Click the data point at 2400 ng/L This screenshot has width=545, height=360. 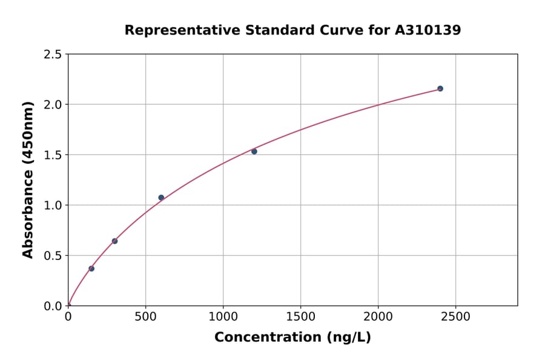point(440,88)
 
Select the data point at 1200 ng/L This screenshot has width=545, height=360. point(254,152)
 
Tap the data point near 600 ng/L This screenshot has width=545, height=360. point(161,198)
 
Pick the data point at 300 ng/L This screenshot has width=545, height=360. point(114,241)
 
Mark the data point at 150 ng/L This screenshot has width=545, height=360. point(91,268)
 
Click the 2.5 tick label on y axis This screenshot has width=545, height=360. point(53,55)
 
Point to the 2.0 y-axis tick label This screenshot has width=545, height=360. point(53,105)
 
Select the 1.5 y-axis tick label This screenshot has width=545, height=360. point(53,155)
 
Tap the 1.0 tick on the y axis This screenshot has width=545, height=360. point(53,205)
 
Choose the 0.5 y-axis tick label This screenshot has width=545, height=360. point(53,256)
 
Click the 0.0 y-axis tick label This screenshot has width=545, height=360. point(53,306)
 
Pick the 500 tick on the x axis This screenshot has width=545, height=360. point(145,317)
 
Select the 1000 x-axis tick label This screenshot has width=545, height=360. point(223,317)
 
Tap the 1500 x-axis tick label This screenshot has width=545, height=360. point(300,317)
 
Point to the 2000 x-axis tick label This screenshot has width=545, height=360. point(378,317)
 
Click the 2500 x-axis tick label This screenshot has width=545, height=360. point(455,317)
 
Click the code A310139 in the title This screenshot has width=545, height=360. point(428,30)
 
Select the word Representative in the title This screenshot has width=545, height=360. point(180,30)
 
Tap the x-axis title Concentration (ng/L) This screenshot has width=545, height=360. point(292,338)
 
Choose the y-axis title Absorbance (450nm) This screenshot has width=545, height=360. point(28,179)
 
